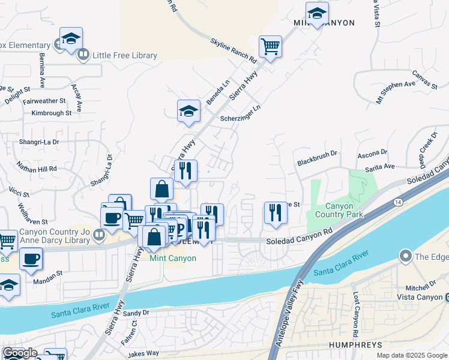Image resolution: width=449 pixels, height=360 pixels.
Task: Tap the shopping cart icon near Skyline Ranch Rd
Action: (271, 46)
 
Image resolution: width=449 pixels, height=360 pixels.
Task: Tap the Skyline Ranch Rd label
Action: (233, 50)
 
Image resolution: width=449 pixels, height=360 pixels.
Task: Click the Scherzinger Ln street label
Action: (241, 113)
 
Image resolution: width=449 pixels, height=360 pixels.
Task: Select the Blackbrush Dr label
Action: (318, 162)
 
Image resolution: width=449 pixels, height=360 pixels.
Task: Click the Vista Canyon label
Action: (420, 297)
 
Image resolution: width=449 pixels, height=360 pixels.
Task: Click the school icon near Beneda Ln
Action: (188, 110)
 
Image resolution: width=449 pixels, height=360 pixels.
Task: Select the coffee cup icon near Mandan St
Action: (31, 259)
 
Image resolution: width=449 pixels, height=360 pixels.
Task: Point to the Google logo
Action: (20, 353)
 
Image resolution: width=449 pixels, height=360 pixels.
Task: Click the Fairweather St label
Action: (44, 101)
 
